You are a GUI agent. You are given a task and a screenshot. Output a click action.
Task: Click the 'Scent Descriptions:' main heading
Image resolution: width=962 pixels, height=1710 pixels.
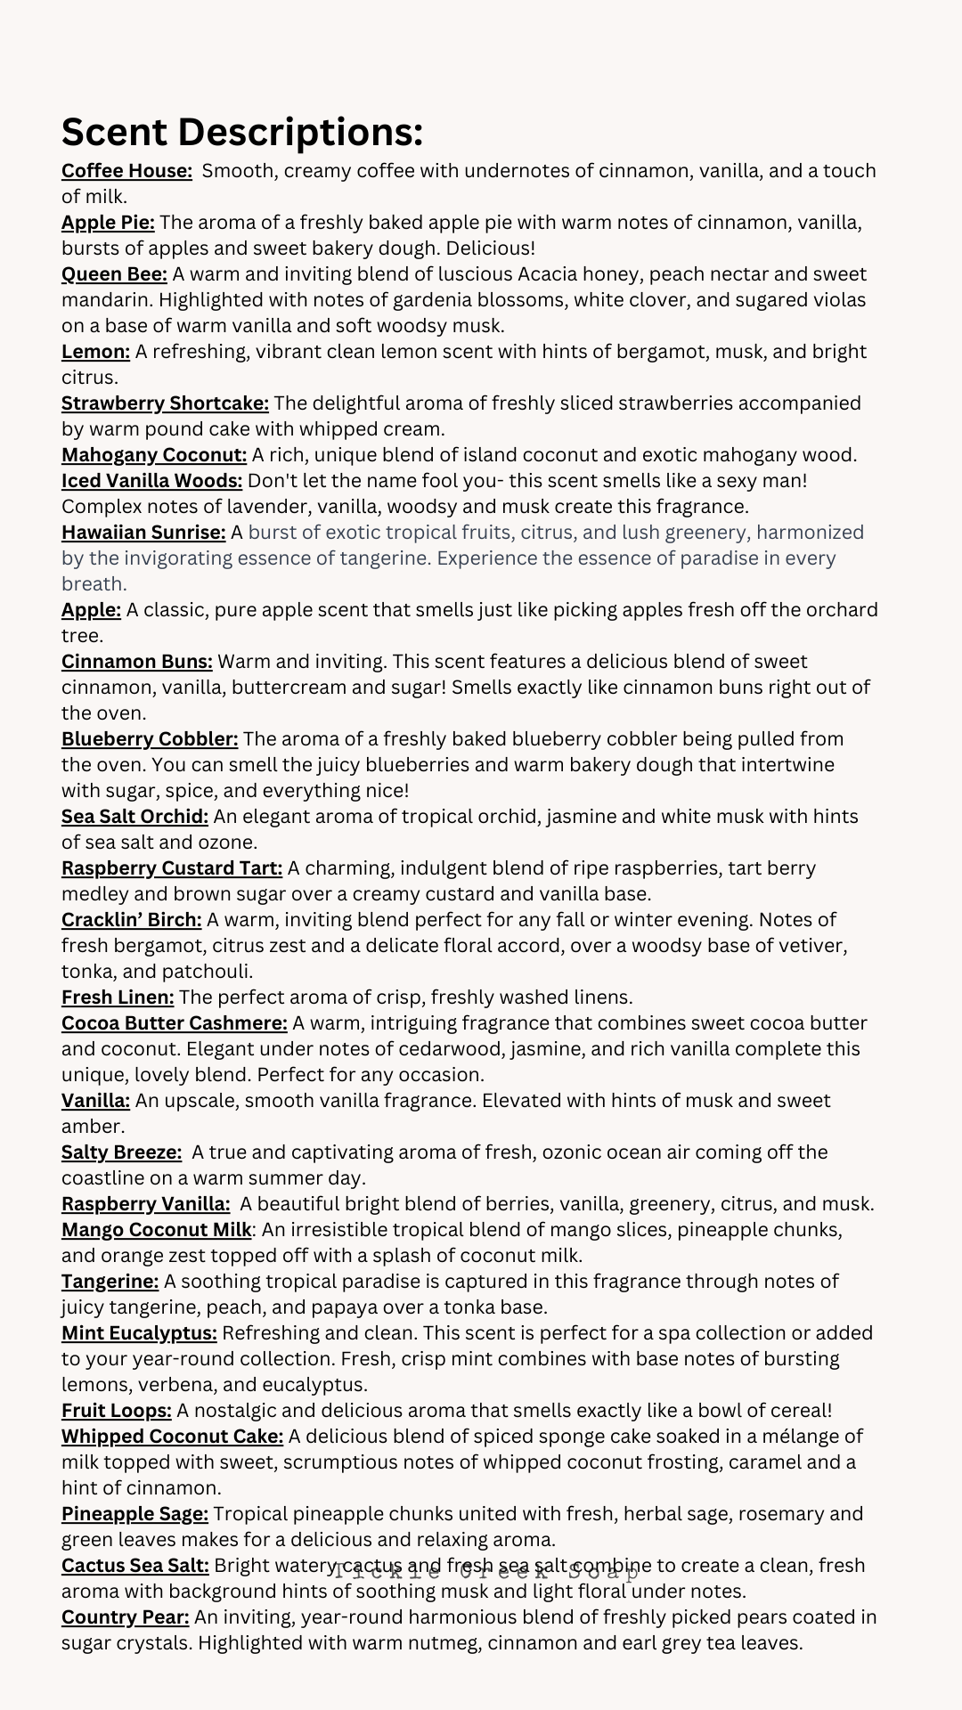(241, 133)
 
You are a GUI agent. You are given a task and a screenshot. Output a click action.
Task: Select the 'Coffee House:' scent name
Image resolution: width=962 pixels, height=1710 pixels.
(126, 171)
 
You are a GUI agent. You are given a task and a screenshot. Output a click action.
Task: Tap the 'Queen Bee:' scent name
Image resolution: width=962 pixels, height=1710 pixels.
(114, 274)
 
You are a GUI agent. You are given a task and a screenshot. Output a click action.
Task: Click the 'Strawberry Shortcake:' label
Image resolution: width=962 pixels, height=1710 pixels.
(165, 403)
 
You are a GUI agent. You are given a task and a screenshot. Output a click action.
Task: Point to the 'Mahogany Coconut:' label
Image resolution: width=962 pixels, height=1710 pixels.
(154, 455)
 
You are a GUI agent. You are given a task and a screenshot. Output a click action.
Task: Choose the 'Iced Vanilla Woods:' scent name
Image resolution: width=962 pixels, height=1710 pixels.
(151, 481)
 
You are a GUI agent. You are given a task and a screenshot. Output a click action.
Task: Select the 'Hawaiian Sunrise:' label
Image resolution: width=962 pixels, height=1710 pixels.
(143, 533)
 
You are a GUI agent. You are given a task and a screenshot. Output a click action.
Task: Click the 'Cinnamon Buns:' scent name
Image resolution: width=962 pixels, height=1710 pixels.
(136, 662)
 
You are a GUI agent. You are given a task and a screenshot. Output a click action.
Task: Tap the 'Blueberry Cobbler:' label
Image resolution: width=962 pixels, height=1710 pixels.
(150, 739)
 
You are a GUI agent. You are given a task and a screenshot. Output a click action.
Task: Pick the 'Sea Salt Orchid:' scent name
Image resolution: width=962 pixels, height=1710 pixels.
(135, 817)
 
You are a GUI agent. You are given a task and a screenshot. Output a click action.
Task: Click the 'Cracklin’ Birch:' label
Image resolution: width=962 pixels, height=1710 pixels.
(132, 920)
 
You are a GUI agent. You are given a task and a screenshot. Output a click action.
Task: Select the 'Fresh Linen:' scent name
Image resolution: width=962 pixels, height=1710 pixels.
(118, 997)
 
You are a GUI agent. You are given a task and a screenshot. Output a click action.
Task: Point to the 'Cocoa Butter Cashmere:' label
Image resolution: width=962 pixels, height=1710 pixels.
(175, 1023)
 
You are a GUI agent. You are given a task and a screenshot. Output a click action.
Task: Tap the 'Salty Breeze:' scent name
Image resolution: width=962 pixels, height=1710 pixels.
(121, 1152)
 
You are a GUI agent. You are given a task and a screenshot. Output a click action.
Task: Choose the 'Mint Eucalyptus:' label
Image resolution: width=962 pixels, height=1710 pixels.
(139, 1333)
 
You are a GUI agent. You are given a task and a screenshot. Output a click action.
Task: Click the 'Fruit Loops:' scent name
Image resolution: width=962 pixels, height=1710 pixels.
(117, 1411)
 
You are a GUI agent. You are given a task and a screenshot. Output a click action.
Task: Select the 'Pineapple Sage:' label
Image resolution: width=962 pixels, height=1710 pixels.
(135, 1514)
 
